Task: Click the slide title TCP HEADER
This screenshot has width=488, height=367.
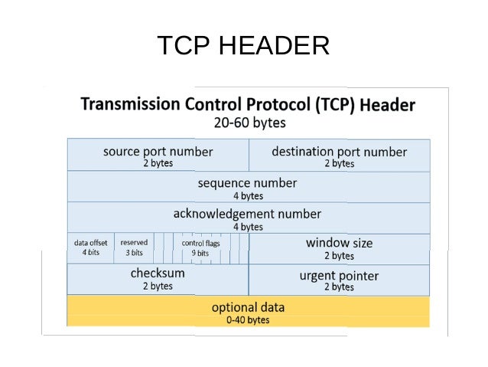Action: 243,46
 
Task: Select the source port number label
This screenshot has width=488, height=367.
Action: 158,151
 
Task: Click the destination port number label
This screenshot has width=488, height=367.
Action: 339,151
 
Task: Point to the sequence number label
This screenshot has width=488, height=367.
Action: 247,183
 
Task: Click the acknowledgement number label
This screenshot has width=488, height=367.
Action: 247,214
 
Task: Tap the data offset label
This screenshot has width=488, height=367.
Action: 91,243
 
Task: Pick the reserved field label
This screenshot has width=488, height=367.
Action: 134,243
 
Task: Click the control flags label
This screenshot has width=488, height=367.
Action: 200,243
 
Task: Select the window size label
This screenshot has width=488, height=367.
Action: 339,243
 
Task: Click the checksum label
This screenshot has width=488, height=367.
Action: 158,273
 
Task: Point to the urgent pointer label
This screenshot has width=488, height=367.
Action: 339,275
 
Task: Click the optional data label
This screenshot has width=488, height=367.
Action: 248,307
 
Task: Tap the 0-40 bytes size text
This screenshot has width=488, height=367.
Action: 248,320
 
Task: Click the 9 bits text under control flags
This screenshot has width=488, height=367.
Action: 200,253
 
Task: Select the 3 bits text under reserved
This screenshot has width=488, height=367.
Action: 134,253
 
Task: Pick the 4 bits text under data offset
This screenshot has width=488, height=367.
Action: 91,253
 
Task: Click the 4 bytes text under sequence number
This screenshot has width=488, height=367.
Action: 248,196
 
